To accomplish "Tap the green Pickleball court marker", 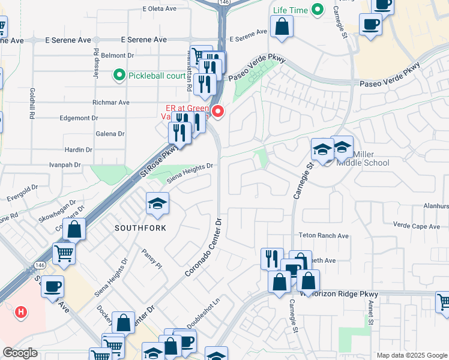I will click(x=119, y=76).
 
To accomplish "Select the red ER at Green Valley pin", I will click(x=218, y=112).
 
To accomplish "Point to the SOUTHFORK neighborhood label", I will click(x=141, y=229).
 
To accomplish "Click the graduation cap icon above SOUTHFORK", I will click(x=157, y=204).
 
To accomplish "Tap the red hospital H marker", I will click(x=21, y=312).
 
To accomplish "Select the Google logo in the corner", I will click(x=20, y=353).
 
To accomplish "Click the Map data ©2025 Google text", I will click(x=411, y=355).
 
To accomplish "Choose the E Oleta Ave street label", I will click(x=160, y=9).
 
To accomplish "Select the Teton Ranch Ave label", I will click(x=324, y=236).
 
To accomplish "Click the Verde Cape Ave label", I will click(x=416, y=226).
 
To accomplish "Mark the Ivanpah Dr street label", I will click(x=65, y=164).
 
